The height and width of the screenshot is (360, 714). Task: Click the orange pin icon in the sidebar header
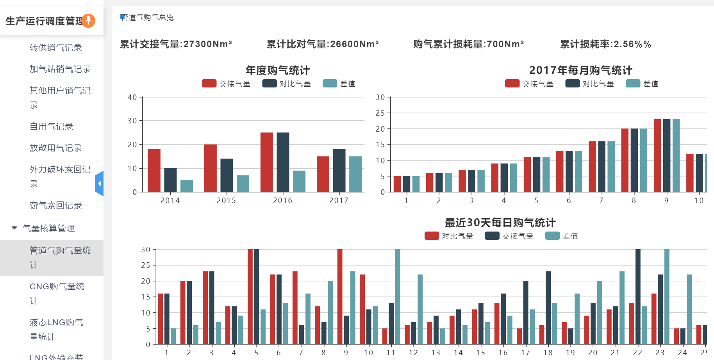(88, 20)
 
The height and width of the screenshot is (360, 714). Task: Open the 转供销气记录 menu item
(56, 48)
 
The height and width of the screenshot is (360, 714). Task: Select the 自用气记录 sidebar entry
(52, 127)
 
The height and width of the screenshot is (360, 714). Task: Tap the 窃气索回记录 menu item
(56, 205)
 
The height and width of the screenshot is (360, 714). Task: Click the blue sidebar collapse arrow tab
(100, 184)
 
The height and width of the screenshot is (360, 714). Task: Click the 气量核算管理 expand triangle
(14, 228)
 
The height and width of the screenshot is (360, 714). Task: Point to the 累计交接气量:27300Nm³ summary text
(176, 44)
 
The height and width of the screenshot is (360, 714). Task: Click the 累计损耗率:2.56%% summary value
(605, 44)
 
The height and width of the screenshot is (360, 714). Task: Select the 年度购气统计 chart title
(277, 70)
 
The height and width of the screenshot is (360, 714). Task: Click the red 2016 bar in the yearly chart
(267, 162)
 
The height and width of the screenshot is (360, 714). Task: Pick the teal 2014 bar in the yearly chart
(187, 186)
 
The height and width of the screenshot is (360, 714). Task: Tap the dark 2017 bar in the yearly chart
(339, 170)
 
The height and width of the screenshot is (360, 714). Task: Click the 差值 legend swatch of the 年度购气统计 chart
(330, 84)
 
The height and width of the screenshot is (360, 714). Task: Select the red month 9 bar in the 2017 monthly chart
(657, 155)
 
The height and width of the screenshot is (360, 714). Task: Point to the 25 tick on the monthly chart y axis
(380, 113)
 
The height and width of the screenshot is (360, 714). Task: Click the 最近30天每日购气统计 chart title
(500, 223)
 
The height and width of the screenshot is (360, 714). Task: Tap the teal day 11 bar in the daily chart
(398, 297)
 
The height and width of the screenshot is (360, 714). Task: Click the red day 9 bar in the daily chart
(340, 297)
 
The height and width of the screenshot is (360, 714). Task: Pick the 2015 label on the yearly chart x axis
(226, 200)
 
